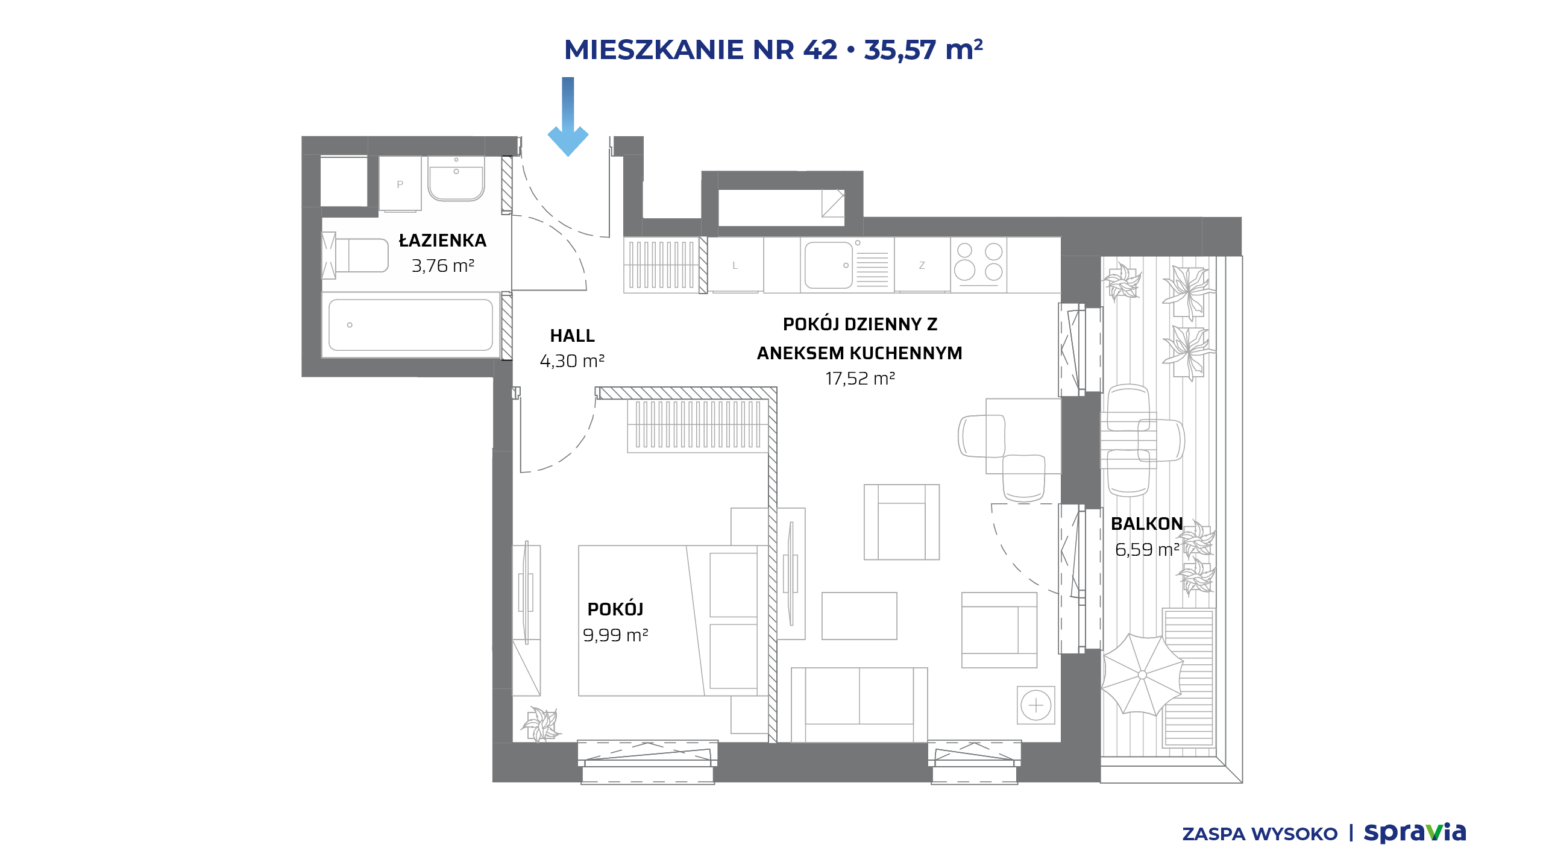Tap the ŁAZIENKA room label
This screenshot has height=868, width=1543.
click(x=442, y=240)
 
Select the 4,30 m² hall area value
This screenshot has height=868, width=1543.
click(x=572, y=360)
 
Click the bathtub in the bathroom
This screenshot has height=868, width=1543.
click(x=410, y=325)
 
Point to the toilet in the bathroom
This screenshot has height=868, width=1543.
click(x=355, y=256)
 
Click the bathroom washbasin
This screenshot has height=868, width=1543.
click(x=456, y=178)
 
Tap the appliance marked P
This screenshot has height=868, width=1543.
click(x=400, y=184)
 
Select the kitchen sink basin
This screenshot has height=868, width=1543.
click(x=829, y=265)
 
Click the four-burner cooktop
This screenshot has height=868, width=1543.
click(x=979, y=263)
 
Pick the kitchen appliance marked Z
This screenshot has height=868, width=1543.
click(x=922, y=265)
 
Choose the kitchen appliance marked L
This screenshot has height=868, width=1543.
click(x=735, y=265)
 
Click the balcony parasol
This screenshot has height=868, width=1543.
click(x=1142, y=675)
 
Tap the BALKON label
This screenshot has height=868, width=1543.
click(x=1146, y=523)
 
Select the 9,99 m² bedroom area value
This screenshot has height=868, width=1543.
click(x=615, y=635)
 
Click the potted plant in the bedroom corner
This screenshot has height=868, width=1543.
click(x=541, y=725)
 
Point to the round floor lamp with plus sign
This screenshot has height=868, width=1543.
click(x=1036, y=705)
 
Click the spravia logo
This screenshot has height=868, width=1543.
click(x=1415, y=832)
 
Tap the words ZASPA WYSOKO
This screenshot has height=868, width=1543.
click(x=1260, y=834)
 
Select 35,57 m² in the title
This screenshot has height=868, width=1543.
click(x=923, y=49)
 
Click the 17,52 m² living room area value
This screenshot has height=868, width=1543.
click(x=859, y=378)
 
